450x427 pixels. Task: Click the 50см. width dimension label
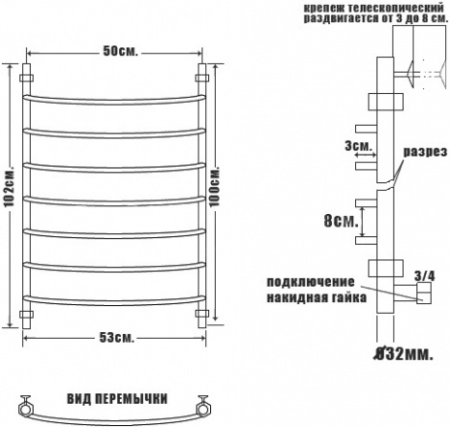point(121,51)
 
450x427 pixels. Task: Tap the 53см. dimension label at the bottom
point(117,338)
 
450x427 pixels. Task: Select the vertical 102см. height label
point(10,186)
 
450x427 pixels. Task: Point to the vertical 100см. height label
point(215,187)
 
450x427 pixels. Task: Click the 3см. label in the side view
point(359,147)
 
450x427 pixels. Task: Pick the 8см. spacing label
point(341,221)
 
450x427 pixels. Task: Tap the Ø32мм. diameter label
point(404,354)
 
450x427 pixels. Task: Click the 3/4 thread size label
point(425,276)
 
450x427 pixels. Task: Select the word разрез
point(425,152)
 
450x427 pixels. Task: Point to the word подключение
point(311,282)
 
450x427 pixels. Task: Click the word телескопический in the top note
point(394,8)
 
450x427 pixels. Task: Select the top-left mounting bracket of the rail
point(27,78)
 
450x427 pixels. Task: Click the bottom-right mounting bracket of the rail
point(202,314)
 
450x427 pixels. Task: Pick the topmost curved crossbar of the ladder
point(114,100)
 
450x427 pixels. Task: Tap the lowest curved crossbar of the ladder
point(114,300)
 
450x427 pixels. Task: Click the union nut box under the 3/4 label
point(424,293)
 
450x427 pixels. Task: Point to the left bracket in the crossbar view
point(25,406)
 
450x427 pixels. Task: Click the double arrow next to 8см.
point(363,222)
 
